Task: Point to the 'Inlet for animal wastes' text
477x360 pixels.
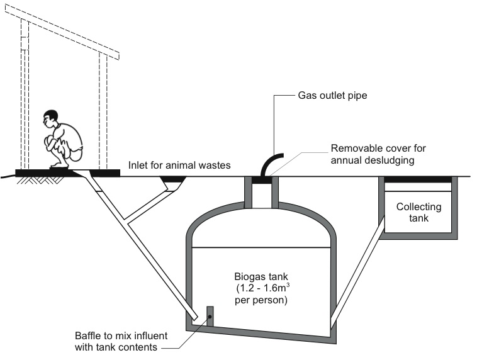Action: pyautogui.click(x=179, y=166)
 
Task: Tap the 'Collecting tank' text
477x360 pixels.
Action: pyautogui.click(x=418, y=212)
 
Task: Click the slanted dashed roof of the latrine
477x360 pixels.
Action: pyautogui.click(x=69, y=31)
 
